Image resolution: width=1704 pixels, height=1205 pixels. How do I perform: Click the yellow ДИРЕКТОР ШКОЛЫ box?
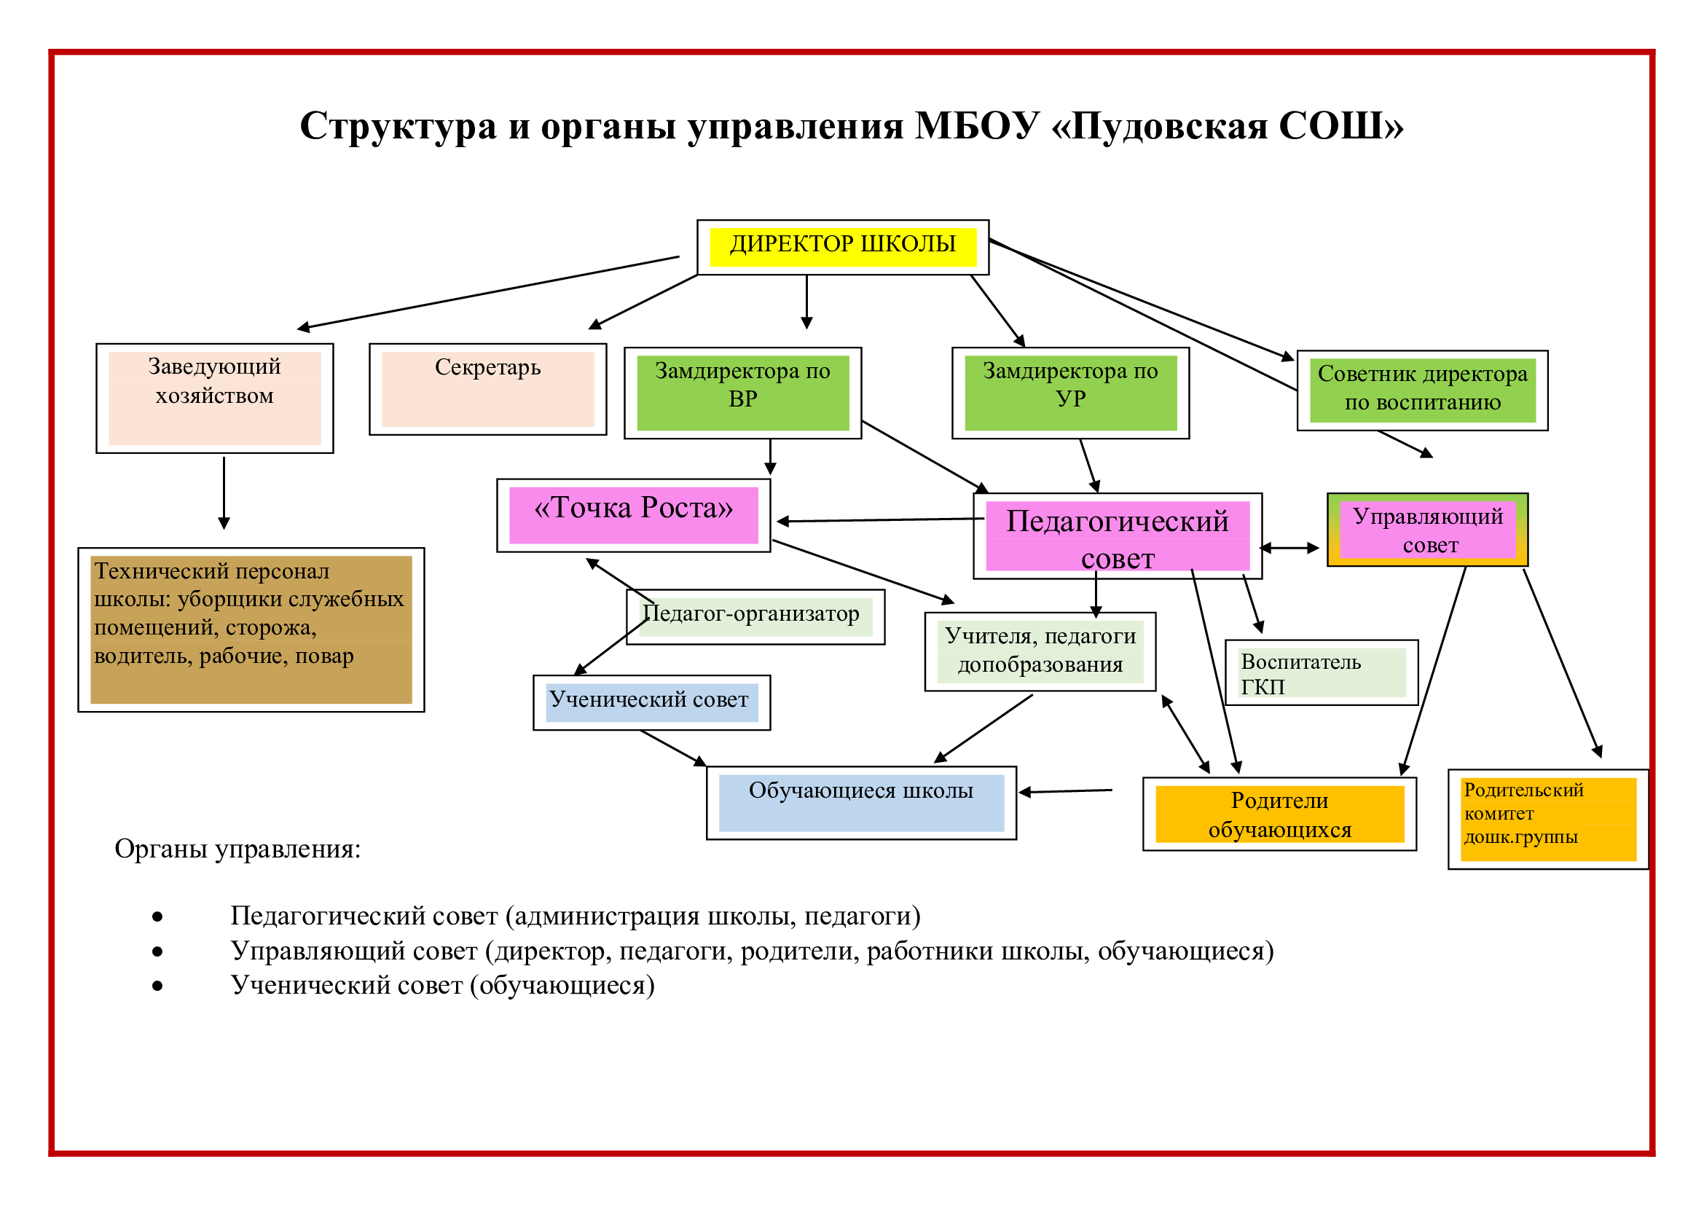[843, 247]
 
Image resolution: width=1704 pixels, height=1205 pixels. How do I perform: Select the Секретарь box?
[487, 389]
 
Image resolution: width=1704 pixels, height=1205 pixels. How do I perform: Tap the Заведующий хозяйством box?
[214, 398]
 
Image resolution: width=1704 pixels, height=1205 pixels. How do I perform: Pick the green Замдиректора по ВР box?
[743, 393]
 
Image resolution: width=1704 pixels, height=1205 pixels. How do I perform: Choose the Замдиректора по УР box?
[1071, 393]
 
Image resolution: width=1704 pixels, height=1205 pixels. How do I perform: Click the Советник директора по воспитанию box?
[1423, 390]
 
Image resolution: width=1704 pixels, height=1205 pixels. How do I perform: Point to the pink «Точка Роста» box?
[634, 515]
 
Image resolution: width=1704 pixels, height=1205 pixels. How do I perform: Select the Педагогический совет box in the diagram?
[1118, 535]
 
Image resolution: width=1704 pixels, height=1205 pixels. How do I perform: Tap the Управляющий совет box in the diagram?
[1428, 530]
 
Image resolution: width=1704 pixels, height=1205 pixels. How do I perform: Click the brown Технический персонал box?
[251, 629]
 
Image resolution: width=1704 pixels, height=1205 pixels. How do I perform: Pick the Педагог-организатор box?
[755, 616]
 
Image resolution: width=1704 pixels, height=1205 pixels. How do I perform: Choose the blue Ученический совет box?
[651, 702]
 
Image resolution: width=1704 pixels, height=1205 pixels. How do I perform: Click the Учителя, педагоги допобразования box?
[1040, 651]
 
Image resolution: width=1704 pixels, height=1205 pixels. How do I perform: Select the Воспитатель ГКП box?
[1322, 672]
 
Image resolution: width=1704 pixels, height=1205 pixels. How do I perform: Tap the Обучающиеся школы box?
[862, 803]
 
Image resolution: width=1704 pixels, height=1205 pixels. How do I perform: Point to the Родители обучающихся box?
[1279, 814]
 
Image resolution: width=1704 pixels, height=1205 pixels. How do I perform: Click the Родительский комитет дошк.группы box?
[1548, 818]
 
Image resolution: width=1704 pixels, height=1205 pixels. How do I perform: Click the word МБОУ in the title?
[978, 125]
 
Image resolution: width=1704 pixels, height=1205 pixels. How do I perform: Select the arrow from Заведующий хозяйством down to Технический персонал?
[224, 492]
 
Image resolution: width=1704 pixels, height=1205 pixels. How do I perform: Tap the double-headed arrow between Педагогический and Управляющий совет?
[1290, 549]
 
